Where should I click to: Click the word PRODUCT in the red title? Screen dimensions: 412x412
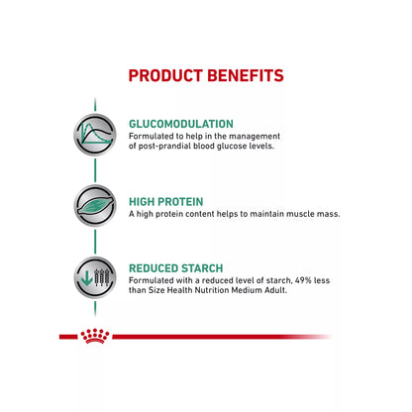169,76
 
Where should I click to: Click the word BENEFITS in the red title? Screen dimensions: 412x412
247,76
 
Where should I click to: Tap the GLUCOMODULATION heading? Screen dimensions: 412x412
181,124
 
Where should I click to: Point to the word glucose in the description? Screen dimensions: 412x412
235,148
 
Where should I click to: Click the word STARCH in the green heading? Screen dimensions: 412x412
198,267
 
